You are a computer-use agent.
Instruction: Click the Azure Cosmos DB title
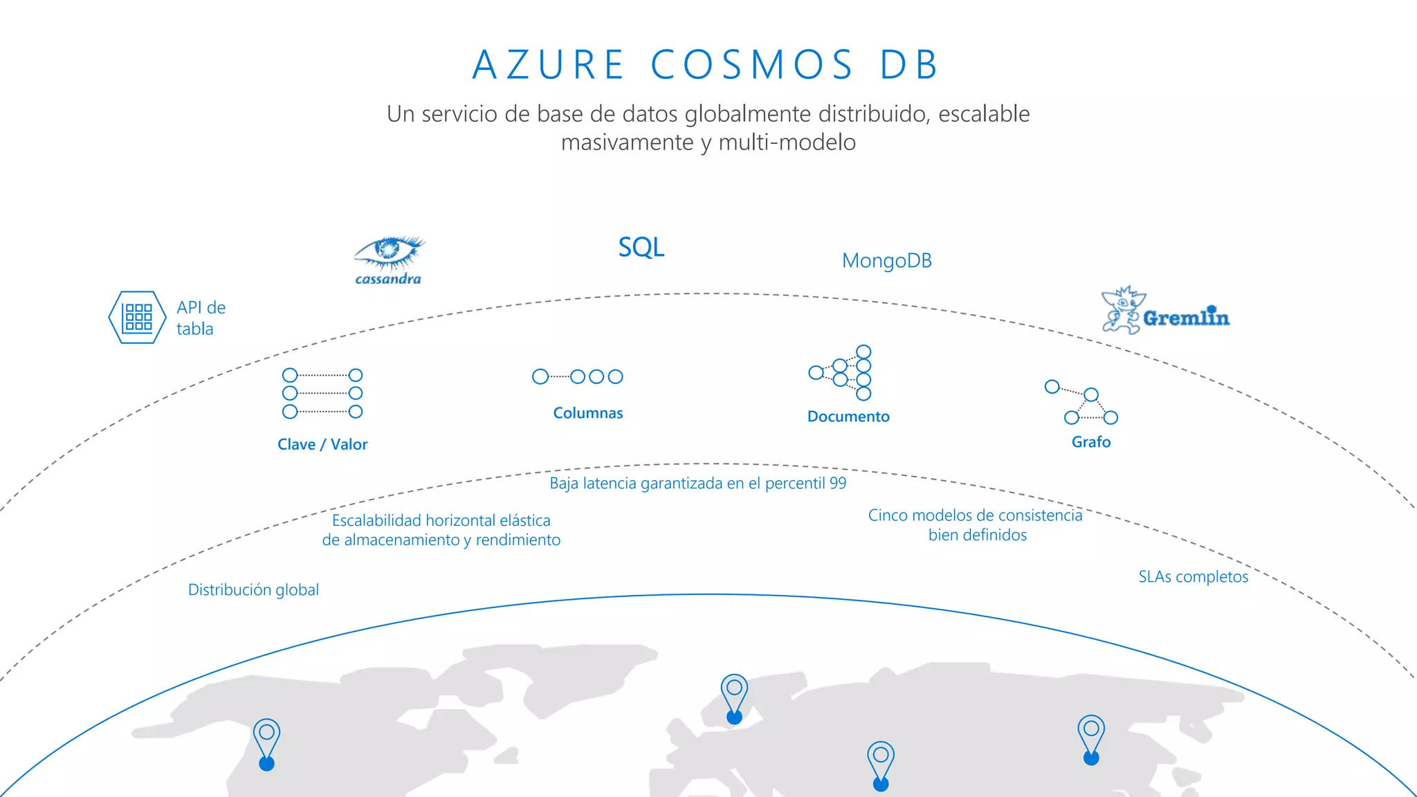pyautogui.click(x=706, y=64)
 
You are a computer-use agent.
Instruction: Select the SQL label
pyautogui.click(x=641, y=247)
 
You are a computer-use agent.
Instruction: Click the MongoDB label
pyautogui.click(x=886, y=261)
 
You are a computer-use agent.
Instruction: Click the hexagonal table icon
pyautogui.click(x=137, y=318)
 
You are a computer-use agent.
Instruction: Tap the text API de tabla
pyautogui.click(x=201, y=318)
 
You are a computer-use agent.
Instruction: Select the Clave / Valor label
pyautogui.click(x=322, y=444)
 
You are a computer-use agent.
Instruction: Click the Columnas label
pyautogui.click(x=588, y=413)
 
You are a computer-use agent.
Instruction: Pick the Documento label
pyautogui.click(x=848, y=416)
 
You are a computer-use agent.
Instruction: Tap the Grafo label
pyautogui.click(x=1091, y=442)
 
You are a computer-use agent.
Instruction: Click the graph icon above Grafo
pyautogui.click(x=1082, y=403)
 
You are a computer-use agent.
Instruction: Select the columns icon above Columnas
pyautogui.click(x=578, y=376)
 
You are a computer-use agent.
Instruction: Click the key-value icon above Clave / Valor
pyautogui.click(x=322, y=393)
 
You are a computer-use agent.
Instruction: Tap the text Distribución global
pyautogui.click(x=253, y=589)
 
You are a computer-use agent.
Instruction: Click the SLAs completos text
pyautogui.click(x=1193, y=576)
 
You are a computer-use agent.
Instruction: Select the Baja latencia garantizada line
pyautogui.click(x=697, y=483)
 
